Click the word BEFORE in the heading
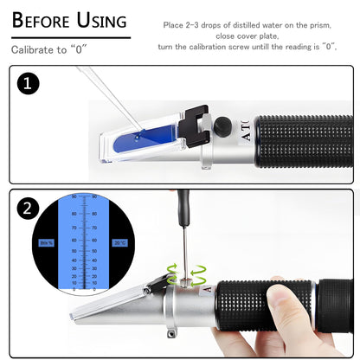coord(42,21)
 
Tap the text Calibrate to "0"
coord(51,50)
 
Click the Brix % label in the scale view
coord(47,244)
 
